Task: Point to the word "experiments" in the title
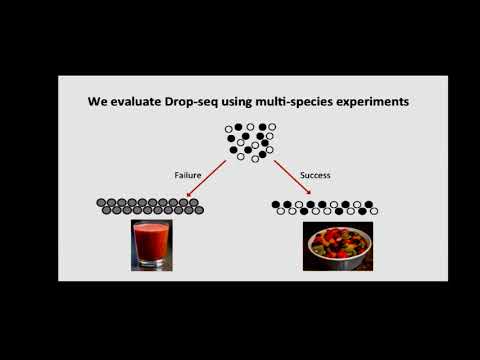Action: pyautogui.click(x=370, y=102)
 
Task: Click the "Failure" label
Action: pyautogui.click(x=188, y=174)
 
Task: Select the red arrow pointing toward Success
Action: pyautogui.click(x=296, y=181)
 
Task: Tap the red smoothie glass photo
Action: pyautogui.click(x=150, y=245)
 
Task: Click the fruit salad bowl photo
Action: pyautogui.click(x=338, y=247)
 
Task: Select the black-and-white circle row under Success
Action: pyautogui.click(x=325, y=208)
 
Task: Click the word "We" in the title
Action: pyautogui.click(x=96, y=102)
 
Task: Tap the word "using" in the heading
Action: pyautogui.click(x=240, y=102)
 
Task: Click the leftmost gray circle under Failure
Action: pyautogui.click(x=101, y=204)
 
